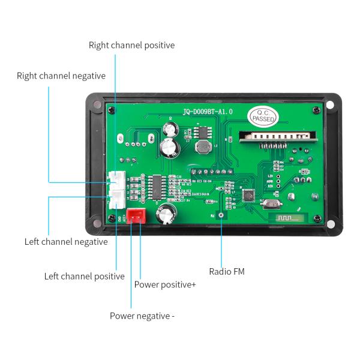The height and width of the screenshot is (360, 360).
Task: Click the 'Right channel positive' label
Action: (x=131, y=45)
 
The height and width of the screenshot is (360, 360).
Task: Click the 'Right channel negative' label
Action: (x=61, y=76)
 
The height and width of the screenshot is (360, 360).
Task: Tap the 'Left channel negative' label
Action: (x=66, y=242)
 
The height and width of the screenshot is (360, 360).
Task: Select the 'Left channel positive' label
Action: (x=85, y=276)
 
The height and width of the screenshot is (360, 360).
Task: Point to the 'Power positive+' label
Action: (x=165, y=284)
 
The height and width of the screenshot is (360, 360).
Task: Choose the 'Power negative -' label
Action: (x=142, y=316)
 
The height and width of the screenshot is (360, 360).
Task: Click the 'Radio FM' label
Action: (x=227, y=271)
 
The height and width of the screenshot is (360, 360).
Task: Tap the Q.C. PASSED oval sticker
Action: (x=263, y=116)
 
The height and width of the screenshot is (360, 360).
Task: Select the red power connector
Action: (x=136, y=217)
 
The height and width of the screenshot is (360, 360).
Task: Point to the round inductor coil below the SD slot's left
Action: (x=203, y=148)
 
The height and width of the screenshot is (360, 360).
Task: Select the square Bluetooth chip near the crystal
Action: (x=248, y=196)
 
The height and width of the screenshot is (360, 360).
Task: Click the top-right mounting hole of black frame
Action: (x=330, y=106)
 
